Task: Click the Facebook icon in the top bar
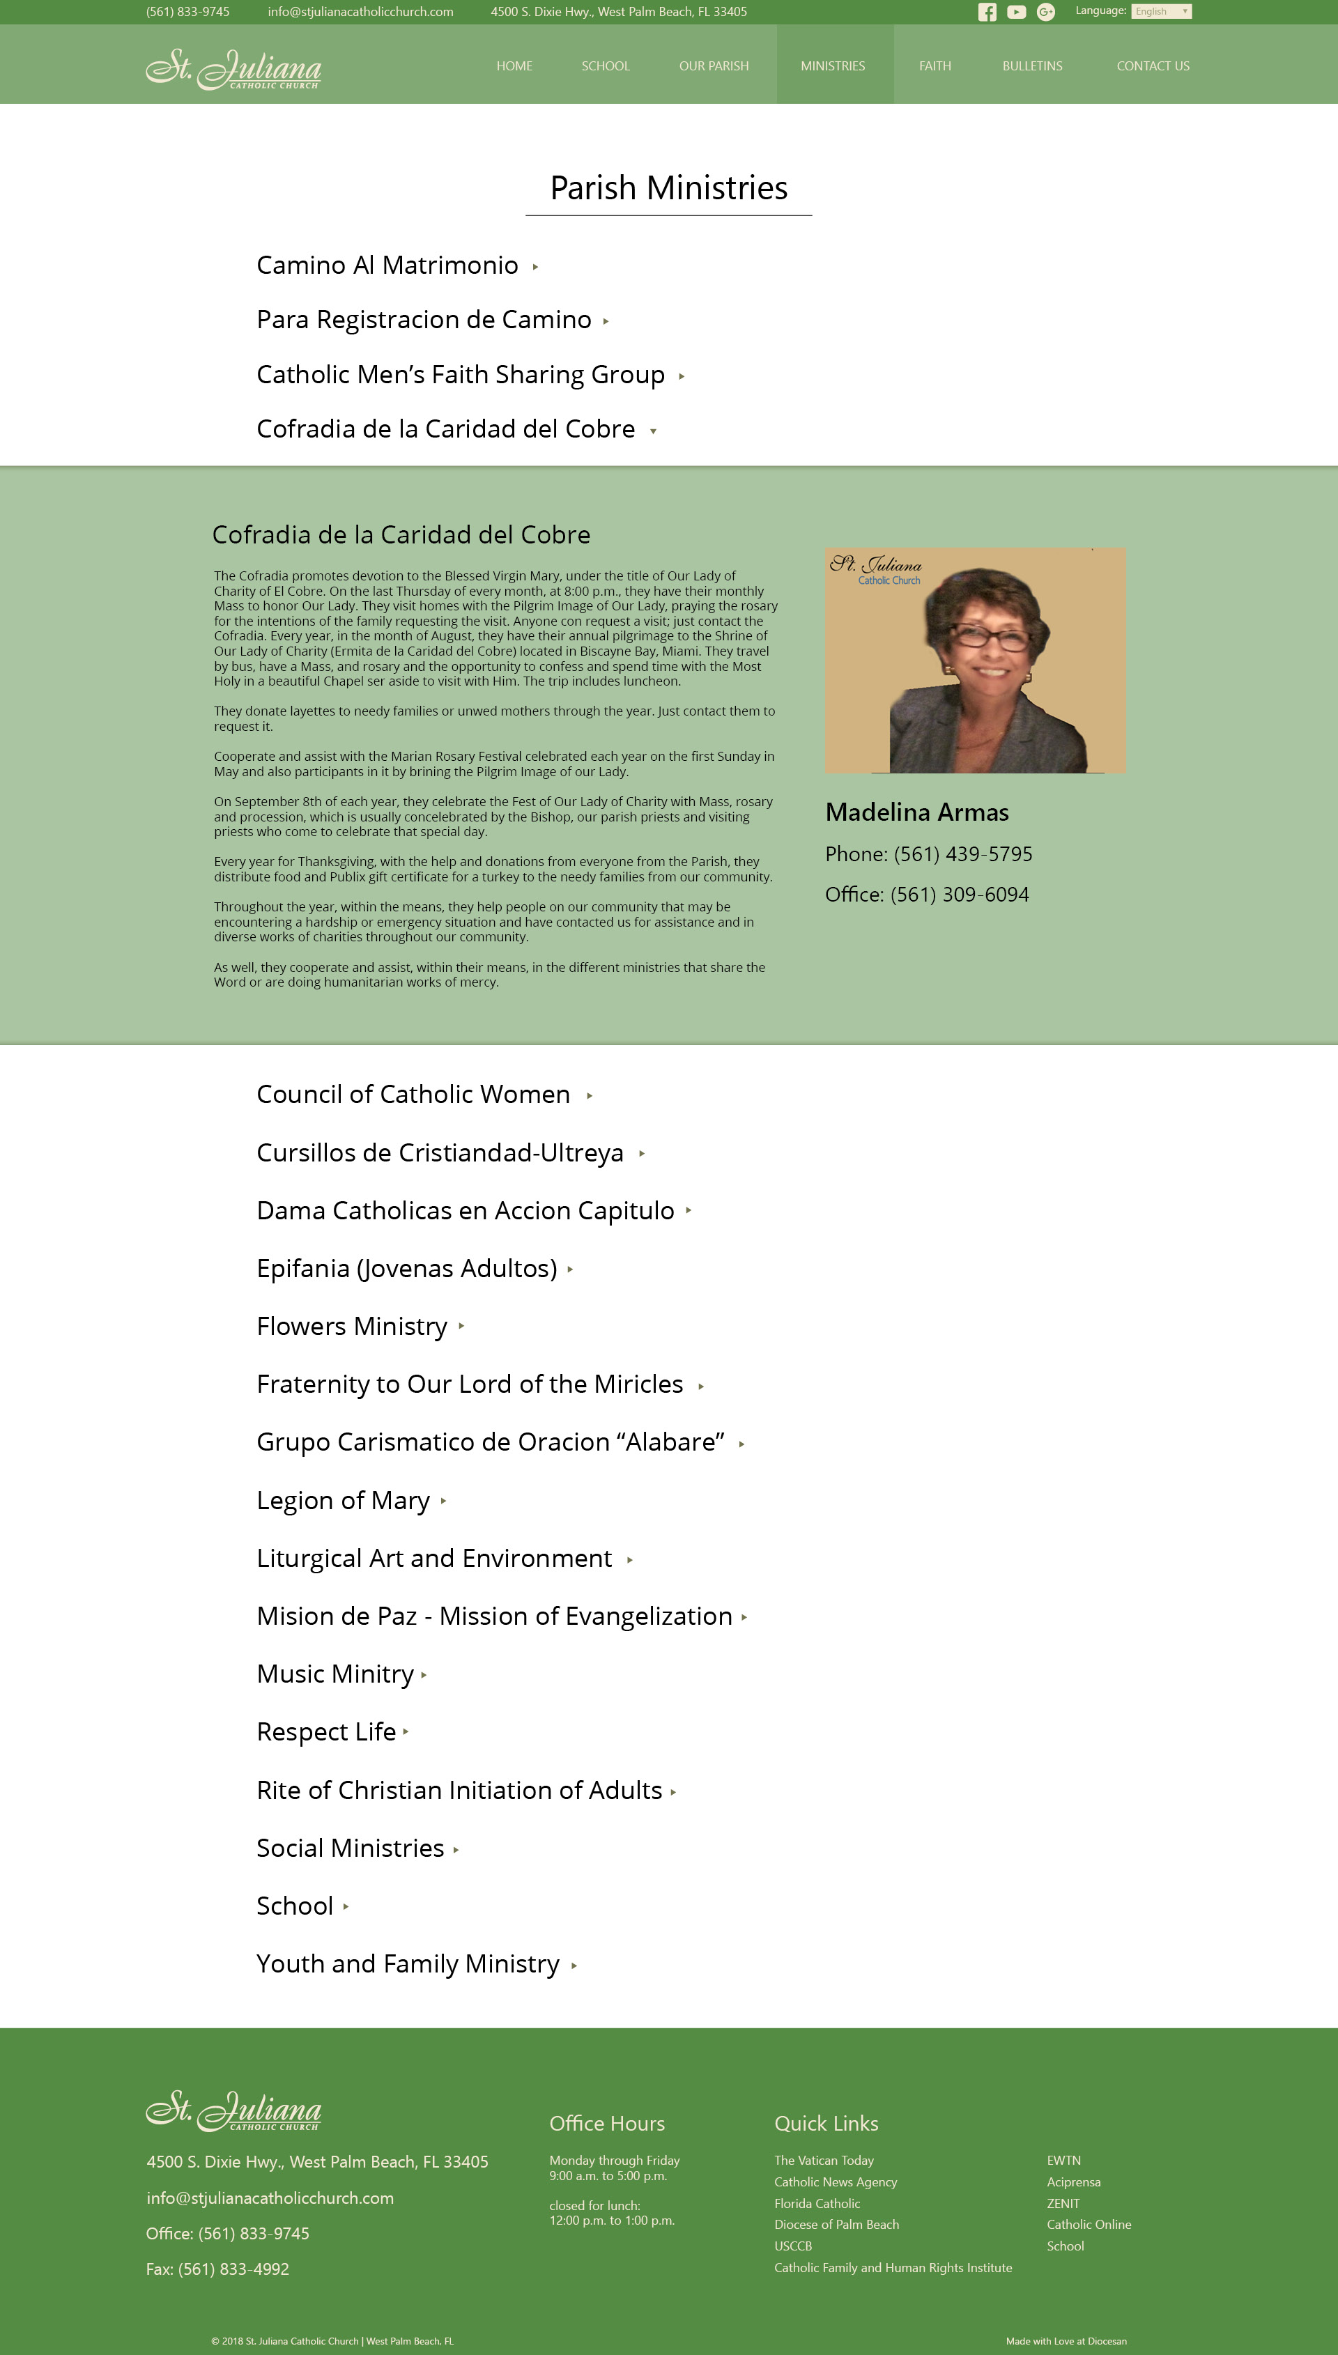click(987, 12)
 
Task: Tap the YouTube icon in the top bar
click(1015, 12)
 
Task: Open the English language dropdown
click(1160, 11)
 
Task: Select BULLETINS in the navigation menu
click(1032, 66)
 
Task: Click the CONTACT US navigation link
click(1153, 66)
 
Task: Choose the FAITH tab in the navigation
click(935, 66)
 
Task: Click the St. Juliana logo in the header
click(233, 68)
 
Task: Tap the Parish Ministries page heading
click(668, 187)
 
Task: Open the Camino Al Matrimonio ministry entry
click(387, 265)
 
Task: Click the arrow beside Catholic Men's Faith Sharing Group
click(681, 376)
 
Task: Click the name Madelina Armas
click(916, 812)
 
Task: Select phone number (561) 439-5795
click(962, 854)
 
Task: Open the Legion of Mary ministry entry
click(343, 1500)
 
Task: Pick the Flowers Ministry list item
click(351, 1327)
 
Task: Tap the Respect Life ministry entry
click(326, 1731)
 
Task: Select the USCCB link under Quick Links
click(792, 2246)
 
